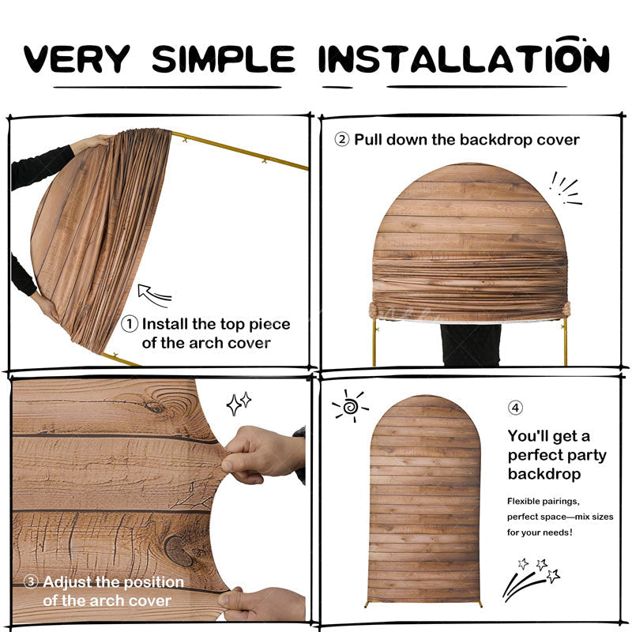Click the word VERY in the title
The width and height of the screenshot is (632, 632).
(77, 58)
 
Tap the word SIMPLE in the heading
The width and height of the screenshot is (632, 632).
(224, 58)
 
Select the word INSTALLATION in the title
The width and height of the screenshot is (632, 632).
(464, 55)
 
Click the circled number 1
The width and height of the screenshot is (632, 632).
(130, 324)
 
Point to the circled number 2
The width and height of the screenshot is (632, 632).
(342, 140)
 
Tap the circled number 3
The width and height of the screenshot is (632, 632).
(31, 581)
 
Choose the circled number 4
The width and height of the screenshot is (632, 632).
(515, 408)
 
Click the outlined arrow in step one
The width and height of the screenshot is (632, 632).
(154, 295)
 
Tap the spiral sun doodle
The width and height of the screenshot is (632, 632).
(350, 406)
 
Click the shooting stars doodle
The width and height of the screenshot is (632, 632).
(531, 579)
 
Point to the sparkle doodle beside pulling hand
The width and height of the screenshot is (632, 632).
(239, 404)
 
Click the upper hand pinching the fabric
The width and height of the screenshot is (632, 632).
(263, 455)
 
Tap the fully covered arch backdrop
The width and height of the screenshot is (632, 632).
(424, 499)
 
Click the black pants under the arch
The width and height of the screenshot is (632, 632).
(471, 345)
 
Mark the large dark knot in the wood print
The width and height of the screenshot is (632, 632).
(179, 551)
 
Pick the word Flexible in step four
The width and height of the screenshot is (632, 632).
(523, 502)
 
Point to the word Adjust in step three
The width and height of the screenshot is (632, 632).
(68, 582)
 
